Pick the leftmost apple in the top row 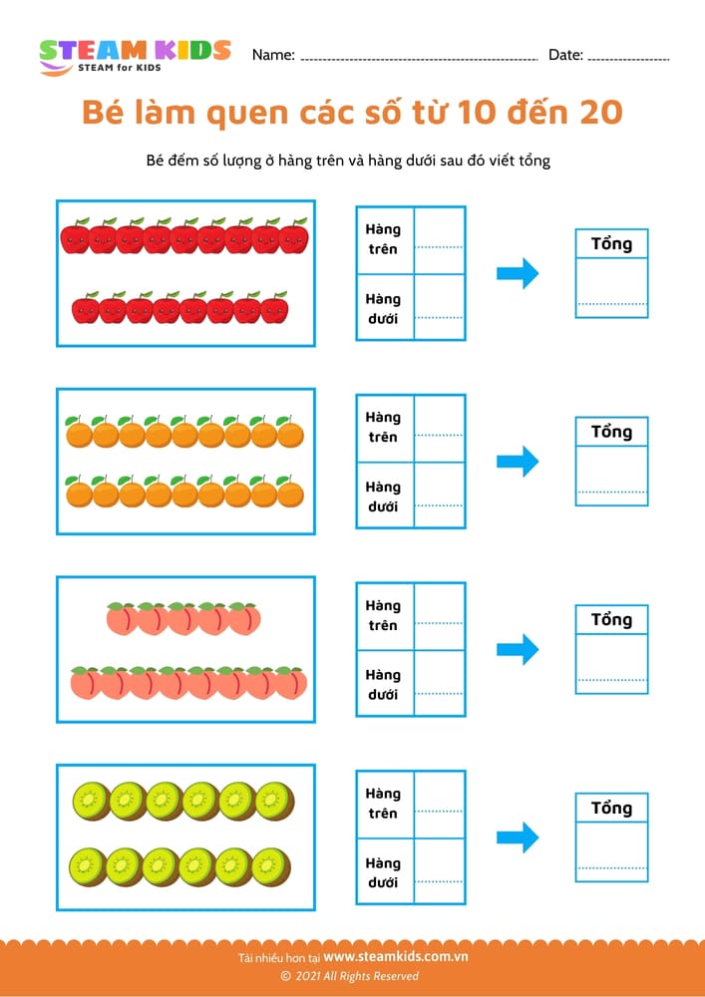click(75, 237)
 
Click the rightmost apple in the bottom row click(274, 309)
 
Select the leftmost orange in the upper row click(79, 433)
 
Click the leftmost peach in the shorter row click(121, 620)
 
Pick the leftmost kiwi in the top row click(92, 801)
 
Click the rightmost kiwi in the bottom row click(270, 866)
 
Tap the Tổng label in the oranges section click(611, 432)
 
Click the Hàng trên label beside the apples click(382, 239)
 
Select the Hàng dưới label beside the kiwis click(382, 872)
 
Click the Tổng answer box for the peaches click(611, 663)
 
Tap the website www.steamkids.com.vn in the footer click(396, 957)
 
